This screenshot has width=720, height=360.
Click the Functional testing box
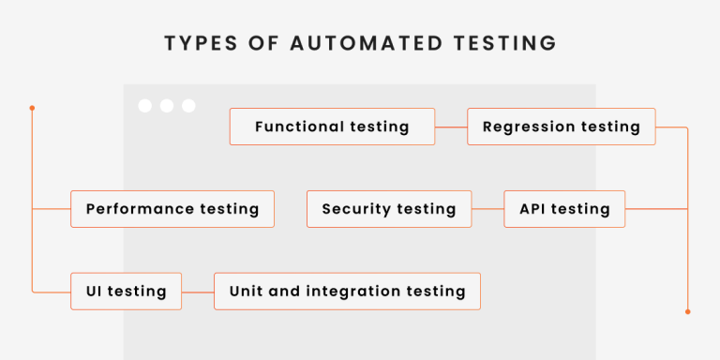point(332,127)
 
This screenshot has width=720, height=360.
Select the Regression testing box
point(562,127)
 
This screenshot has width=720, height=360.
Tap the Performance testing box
point(172,209)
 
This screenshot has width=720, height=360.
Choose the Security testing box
point(389,209)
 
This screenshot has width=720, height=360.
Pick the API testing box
point(564,209)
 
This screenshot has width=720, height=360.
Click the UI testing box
point(127,292)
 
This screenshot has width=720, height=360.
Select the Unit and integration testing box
point(347,292)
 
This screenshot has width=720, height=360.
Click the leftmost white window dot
point(145,106)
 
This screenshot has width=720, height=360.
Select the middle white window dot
point(167,106)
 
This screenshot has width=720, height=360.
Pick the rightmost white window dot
point(188,106)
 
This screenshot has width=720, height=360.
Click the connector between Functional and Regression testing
point(451,127)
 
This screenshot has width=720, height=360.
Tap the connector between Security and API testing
point(480,209)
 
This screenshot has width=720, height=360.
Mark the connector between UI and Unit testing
point(198,292)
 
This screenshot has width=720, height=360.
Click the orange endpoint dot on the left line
point(32,108)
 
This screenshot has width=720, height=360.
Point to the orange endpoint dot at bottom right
point(687,311)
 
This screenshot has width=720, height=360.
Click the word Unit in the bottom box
point(246,292)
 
